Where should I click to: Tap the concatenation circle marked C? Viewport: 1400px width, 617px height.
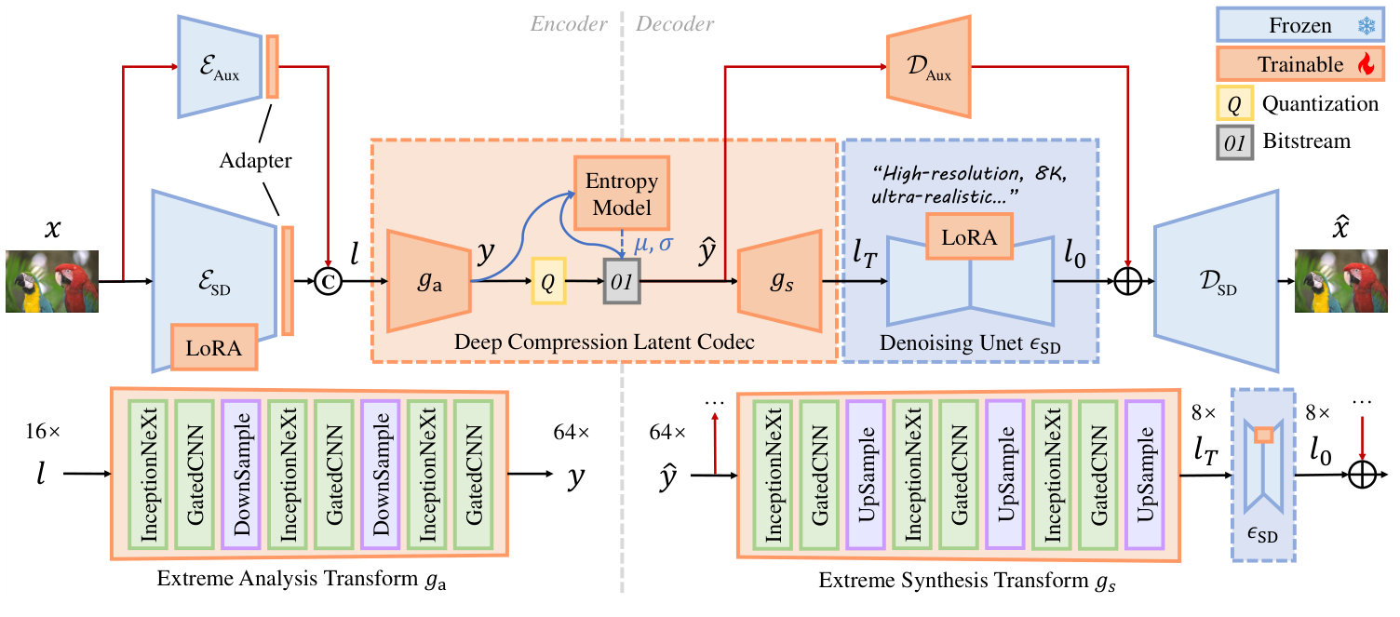(329, 279)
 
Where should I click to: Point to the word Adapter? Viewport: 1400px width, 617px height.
(256, 160)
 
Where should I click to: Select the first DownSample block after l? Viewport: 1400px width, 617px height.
(242, 474)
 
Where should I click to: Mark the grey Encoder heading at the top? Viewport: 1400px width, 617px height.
(569, 24)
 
